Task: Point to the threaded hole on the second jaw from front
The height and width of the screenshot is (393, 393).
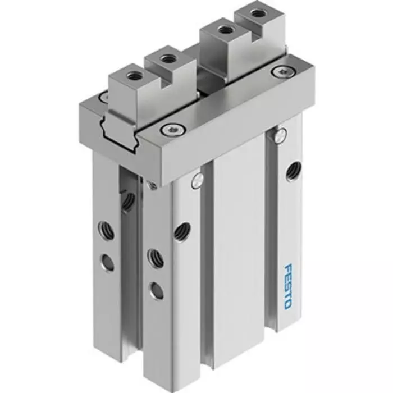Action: [x=166, y=58]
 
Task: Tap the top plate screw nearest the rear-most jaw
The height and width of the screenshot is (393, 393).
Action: [x=279, y=71]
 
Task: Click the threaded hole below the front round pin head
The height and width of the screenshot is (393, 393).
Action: [x=181, y=231]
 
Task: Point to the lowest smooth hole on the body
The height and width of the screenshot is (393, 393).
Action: [x=156, y=290]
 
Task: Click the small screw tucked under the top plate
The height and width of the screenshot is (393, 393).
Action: [x=150, y=184]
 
